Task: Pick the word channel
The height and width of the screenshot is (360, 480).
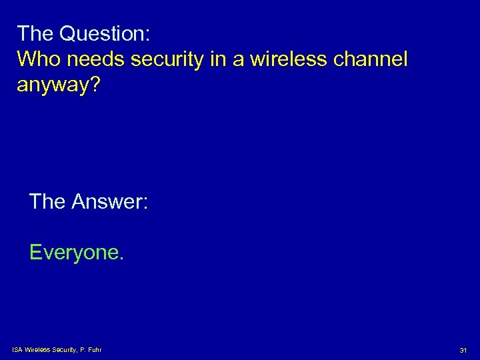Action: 373,59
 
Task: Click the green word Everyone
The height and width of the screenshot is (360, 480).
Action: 73,253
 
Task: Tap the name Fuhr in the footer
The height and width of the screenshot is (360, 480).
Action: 94,349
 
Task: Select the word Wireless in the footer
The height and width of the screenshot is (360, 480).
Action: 37,349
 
